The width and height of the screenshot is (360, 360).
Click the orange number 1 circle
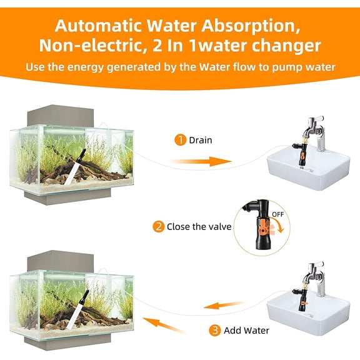pyautogui.click(x=180, y=140)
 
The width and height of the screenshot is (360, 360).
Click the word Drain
pyautogui.click(x=200, y=140)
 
